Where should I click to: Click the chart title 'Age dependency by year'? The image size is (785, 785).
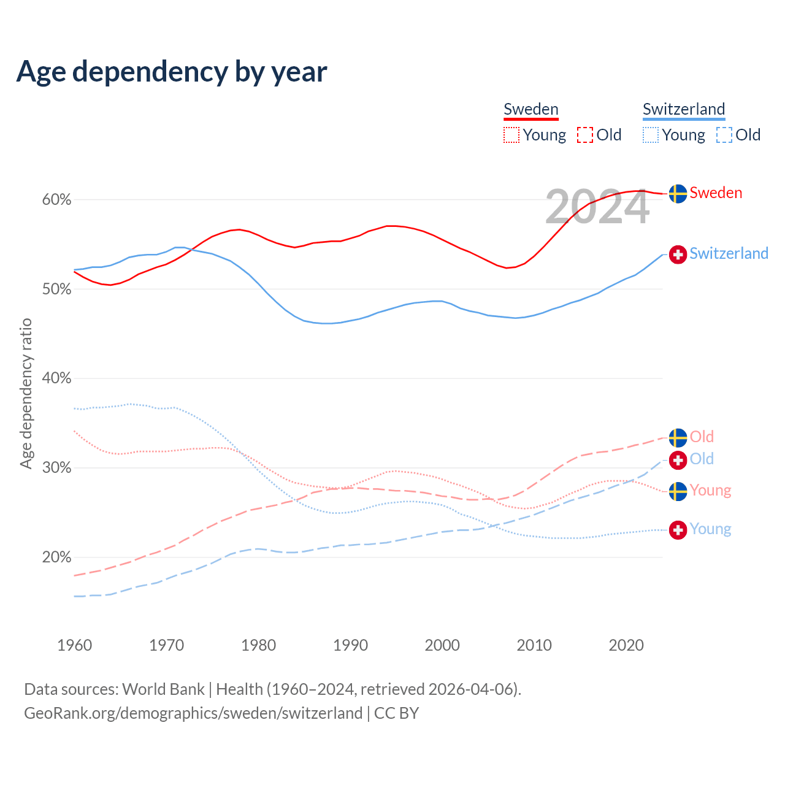tap(172, 71)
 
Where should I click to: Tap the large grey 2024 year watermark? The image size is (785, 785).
tap(597, 207)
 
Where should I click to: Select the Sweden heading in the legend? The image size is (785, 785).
tap(531, 109)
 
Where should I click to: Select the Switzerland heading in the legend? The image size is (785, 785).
tap(684, 109)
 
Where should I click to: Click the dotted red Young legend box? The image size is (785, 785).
tap(511, 135)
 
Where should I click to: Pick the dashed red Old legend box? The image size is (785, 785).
tap(585, 135)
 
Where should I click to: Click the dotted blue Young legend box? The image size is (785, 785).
tap(651, 135)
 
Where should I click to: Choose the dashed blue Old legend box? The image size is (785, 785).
tap(724, 135)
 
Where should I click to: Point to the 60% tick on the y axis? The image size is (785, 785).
tap(56, 200)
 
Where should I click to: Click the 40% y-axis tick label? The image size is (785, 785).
tap(56, 378)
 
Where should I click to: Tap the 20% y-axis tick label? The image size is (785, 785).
tap(56, 557)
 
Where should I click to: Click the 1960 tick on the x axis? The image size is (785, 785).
tap(74, 645)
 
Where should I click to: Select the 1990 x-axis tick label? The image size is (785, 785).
tap(350, 645)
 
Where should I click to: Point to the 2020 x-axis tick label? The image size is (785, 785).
tap(626, 645)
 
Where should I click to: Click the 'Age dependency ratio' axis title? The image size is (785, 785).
tap(26, 394)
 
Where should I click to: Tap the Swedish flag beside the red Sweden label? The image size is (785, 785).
tap(678, 194)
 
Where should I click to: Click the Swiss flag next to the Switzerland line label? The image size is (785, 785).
tap(678, 254)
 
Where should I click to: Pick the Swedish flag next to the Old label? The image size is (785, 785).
tap(678, 438)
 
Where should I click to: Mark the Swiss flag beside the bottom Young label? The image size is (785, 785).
tap(678, 530)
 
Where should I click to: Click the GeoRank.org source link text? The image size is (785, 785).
tap(193, 713)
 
